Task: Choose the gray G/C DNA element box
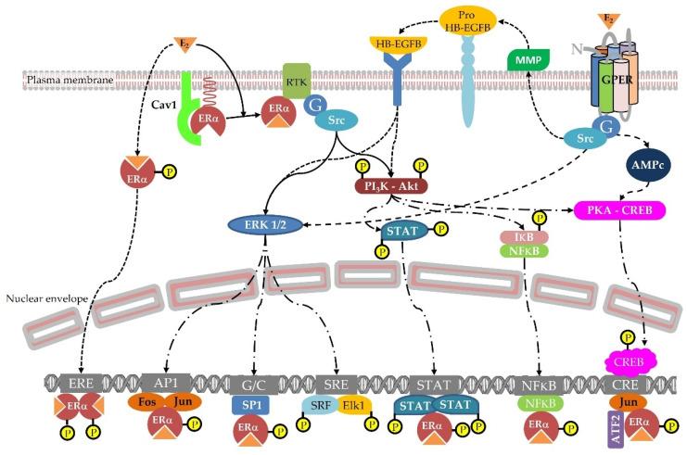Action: [x=253, y=380]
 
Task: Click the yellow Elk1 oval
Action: [x=352, y=406]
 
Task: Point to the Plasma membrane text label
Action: [x=58, y=81]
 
